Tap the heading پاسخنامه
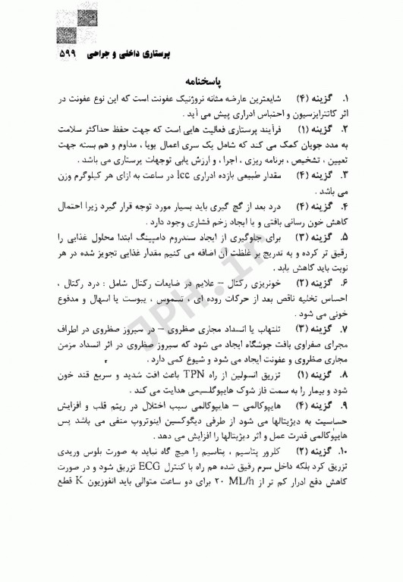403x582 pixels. coord(201,80)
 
